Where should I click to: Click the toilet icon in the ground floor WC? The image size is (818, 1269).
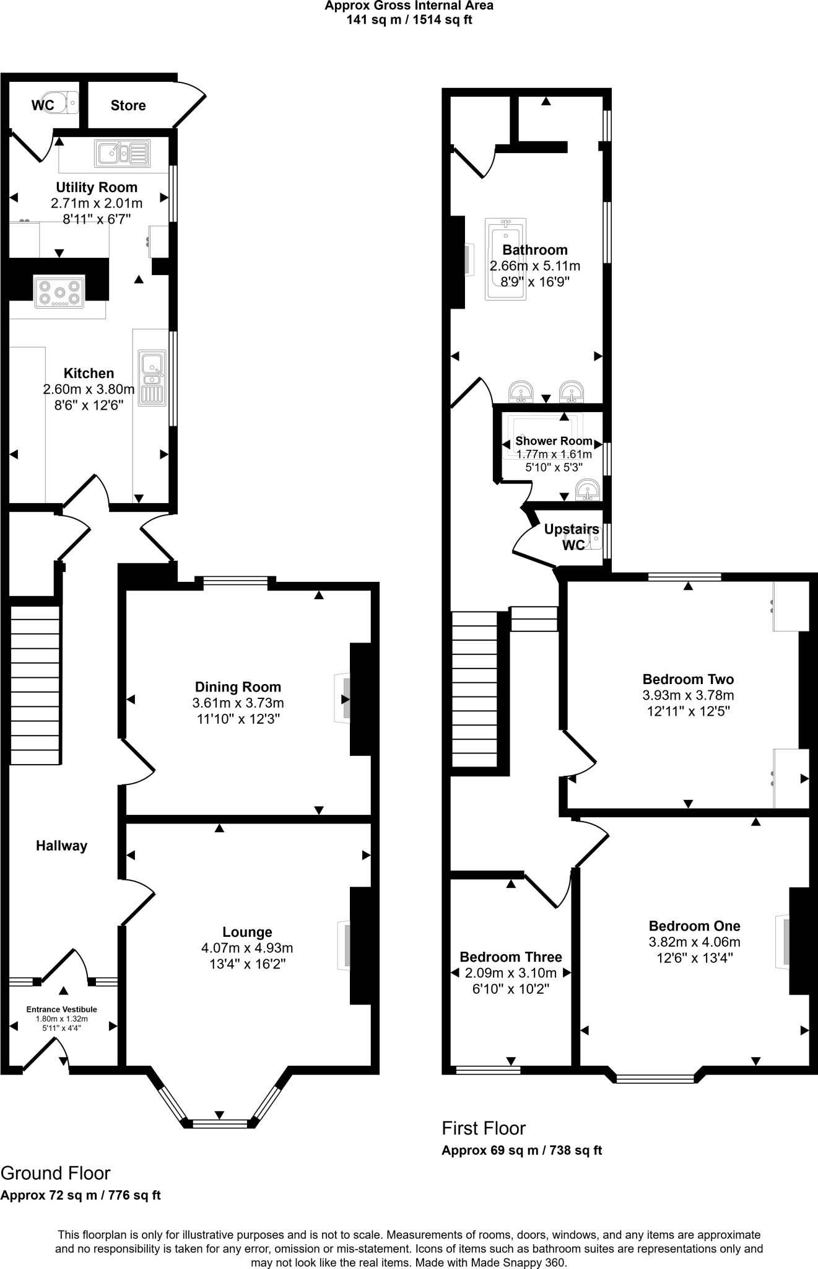click(64, 102)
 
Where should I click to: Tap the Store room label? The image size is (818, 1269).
click(128, 105)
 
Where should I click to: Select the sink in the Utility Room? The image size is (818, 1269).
click(122, 153)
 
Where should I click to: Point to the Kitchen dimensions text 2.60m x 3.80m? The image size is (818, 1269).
click(89, 389)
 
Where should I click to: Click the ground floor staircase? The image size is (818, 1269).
click(35, 684)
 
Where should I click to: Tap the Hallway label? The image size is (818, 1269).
click(61, 846)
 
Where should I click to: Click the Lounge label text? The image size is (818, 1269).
click(247, 932)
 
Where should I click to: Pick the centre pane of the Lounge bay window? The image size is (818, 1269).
click(220, 1123)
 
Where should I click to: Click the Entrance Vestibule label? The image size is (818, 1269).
click(61, 1009)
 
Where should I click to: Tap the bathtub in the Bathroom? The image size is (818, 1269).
click(506, 258)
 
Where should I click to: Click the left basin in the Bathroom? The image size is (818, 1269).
click(521, 392)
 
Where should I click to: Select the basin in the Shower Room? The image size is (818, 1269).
click(586, 490)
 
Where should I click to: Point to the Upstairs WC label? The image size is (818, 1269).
click(572, 537)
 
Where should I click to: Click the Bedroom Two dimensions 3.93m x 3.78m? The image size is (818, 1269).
click(688, 695)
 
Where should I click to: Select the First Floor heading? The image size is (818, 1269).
click(484, 1128)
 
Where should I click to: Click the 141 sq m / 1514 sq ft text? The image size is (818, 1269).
click(409, 19)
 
